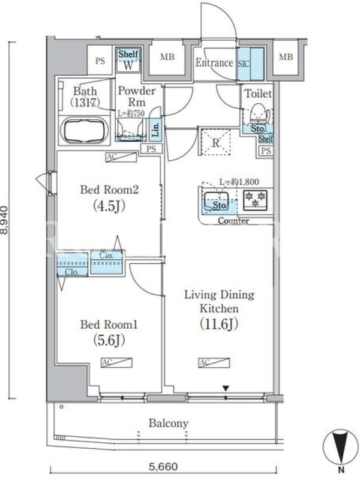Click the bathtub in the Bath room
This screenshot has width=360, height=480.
coord(84,130)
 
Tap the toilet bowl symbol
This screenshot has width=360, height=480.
coord(258,113)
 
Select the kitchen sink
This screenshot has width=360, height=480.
coord(216,200)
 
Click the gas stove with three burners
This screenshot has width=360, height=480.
coord(255,200)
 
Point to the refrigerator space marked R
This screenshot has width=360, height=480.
coord(215,142)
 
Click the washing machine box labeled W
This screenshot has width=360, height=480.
coord(128,59)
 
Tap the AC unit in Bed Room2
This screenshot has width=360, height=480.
coord(121,157)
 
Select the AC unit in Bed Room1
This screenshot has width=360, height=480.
coord(116,362)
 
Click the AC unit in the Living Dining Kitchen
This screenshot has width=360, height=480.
coord(214,362)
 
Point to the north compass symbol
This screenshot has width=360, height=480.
coord(340,446)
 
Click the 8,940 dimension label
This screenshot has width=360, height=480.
coord(4,220)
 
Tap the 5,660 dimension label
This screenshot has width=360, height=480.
coord(163,467)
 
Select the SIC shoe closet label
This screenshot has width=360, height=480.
coord(244,64)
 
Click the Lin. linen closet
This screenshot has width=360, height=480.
coord(155,129)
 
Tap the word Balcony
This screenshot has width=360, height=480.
coord(169,424)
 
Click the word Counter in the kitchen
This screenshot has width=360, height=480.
coord(233,220)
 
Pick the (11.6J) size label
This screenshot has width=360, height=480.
coord(219,324)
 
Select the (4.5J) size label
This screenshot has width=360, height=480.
coord(109,206)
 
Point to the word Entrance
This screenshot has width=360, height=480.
coord(214,63)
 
